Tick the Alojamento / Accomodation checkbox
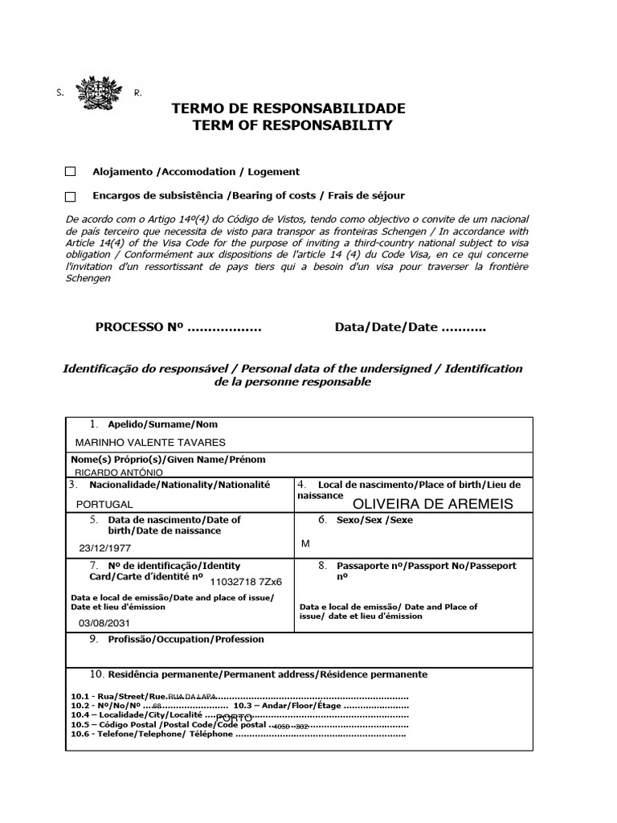70,172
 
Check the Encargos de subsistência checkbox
70,196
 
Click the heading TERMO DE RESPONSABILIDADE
288,109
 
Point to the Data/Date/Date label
386,327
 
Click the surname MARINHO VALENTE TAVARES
150,443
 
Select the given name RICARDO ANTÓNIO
118,473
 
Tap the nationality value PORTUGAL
104,505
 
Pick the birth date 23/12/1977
104,549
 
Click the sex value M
305,544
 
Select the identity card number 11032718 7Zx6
247,581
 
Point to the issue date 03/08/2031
104,624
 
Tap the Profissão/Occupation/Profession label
186,640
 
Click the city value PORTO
235,717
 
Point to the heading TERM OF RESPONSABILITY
292,125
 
